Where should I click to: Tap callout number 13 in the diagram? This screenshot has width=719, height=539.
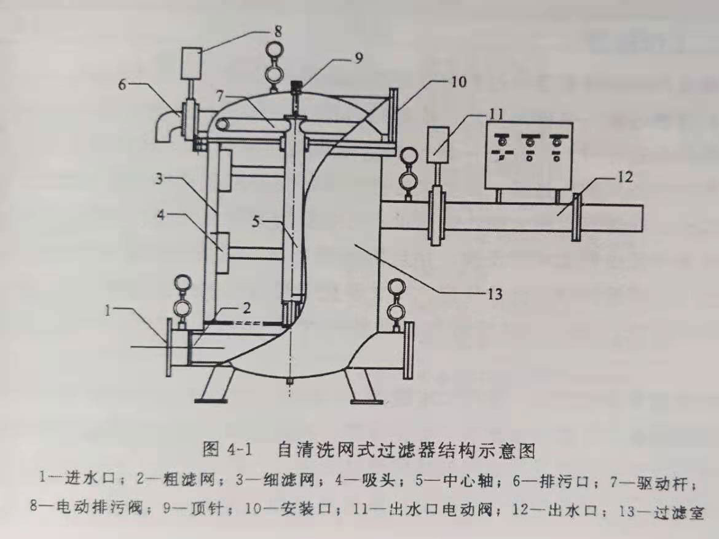495,294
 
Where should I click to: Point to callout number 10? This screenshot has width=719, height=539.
458,81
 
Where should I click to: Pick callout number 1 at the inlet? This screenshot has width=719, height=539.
109,311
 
